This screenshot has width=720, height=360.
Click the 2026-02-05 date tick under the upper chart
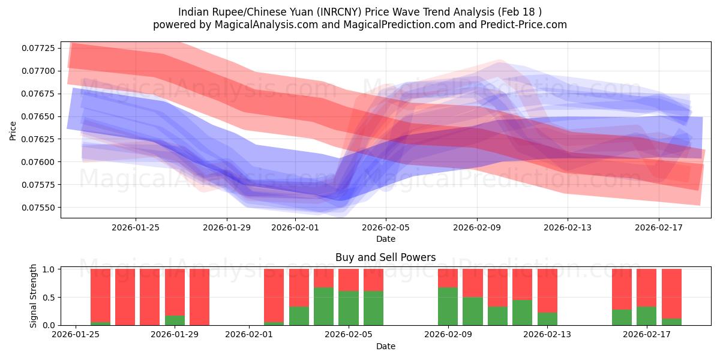tap(386, 227)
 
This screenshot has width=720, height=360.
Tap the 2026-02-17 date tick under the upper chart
tap(659, 227)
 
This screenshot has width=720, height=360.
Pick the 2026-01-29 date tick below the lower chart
tap(175, 335)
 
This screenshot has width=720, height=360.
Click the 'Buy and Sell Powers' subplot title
tap(386, 258)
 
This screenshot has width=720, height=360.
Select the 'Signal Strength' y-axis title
tap(34, 296)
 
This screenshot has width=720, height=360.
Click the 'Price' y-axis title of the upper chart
tap(13, 130)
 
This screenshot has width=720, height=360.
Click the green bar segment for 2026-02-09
tap(448, 306)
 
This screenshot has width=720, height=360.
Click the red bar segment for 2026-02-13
tap(547, 290)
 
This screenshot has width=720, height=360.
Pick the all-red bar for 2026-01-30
tap(199, 297)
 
